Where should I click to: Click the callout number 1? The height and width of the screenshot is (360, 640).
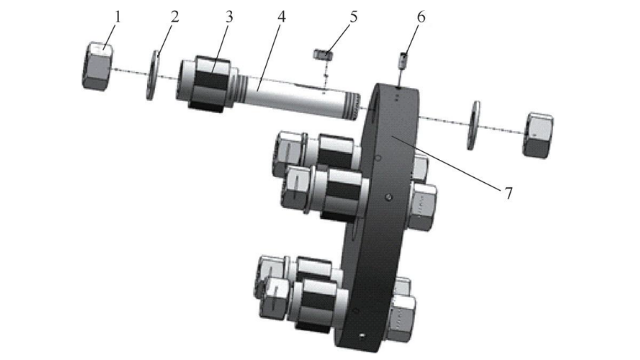click(x=118, y=17)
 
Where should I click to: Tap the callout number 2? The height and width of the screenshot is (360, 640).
click(x=174, y=17)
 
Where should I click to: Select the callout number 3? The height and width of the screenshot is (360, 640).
click(x=229, y=17)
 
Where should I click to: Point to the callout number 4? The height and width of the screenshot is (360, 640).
click(x=281, y=17)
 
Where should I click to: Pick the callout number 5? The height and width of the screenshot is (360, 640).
click(x=353, y=17)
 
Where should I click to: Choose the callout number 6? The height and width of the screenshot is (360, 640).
click(x=421, y=17)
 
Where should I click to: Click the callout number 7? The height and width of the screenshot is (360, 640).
click(x=508, y=193)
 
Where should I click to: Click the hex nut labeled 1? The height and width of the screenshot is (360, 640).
click(x=98, y=66)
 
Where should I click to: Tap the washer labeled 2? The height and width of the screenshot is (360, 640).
click(x=153, y=75)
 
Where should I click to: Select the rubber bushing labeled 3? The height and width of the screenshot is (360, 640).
click(x=212, y=84)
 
